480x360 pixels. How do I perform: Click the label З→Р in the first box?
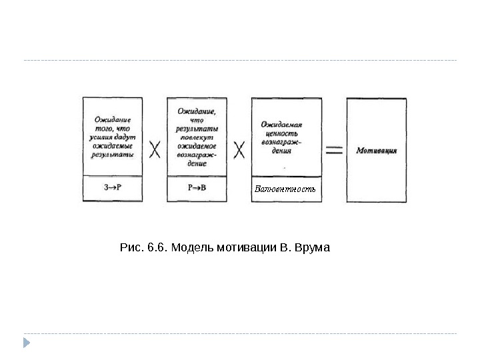[x=113, y=188]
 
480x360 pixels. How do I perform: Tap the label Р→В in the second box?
[x=197, y=188]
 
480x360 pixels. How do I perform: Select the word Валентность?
[x=285, y=189]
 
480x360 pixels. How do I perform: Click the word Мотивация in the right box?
[x=377, y=150]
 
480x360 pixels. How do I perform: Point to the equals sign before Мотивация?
[x=333, y=150]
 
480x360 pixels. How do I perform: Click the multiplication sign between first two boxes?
[x=155, y=149]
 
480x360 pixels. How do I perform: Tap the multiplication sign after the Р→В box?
[x=240, y=149]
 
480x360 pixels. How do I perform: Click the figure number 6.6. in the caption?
[x=155, y=248]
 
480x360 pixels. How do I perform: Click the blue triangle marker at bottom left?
[x=27, y=344]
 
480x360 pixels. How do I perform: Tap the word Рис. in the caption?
[x=130, y=248]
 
